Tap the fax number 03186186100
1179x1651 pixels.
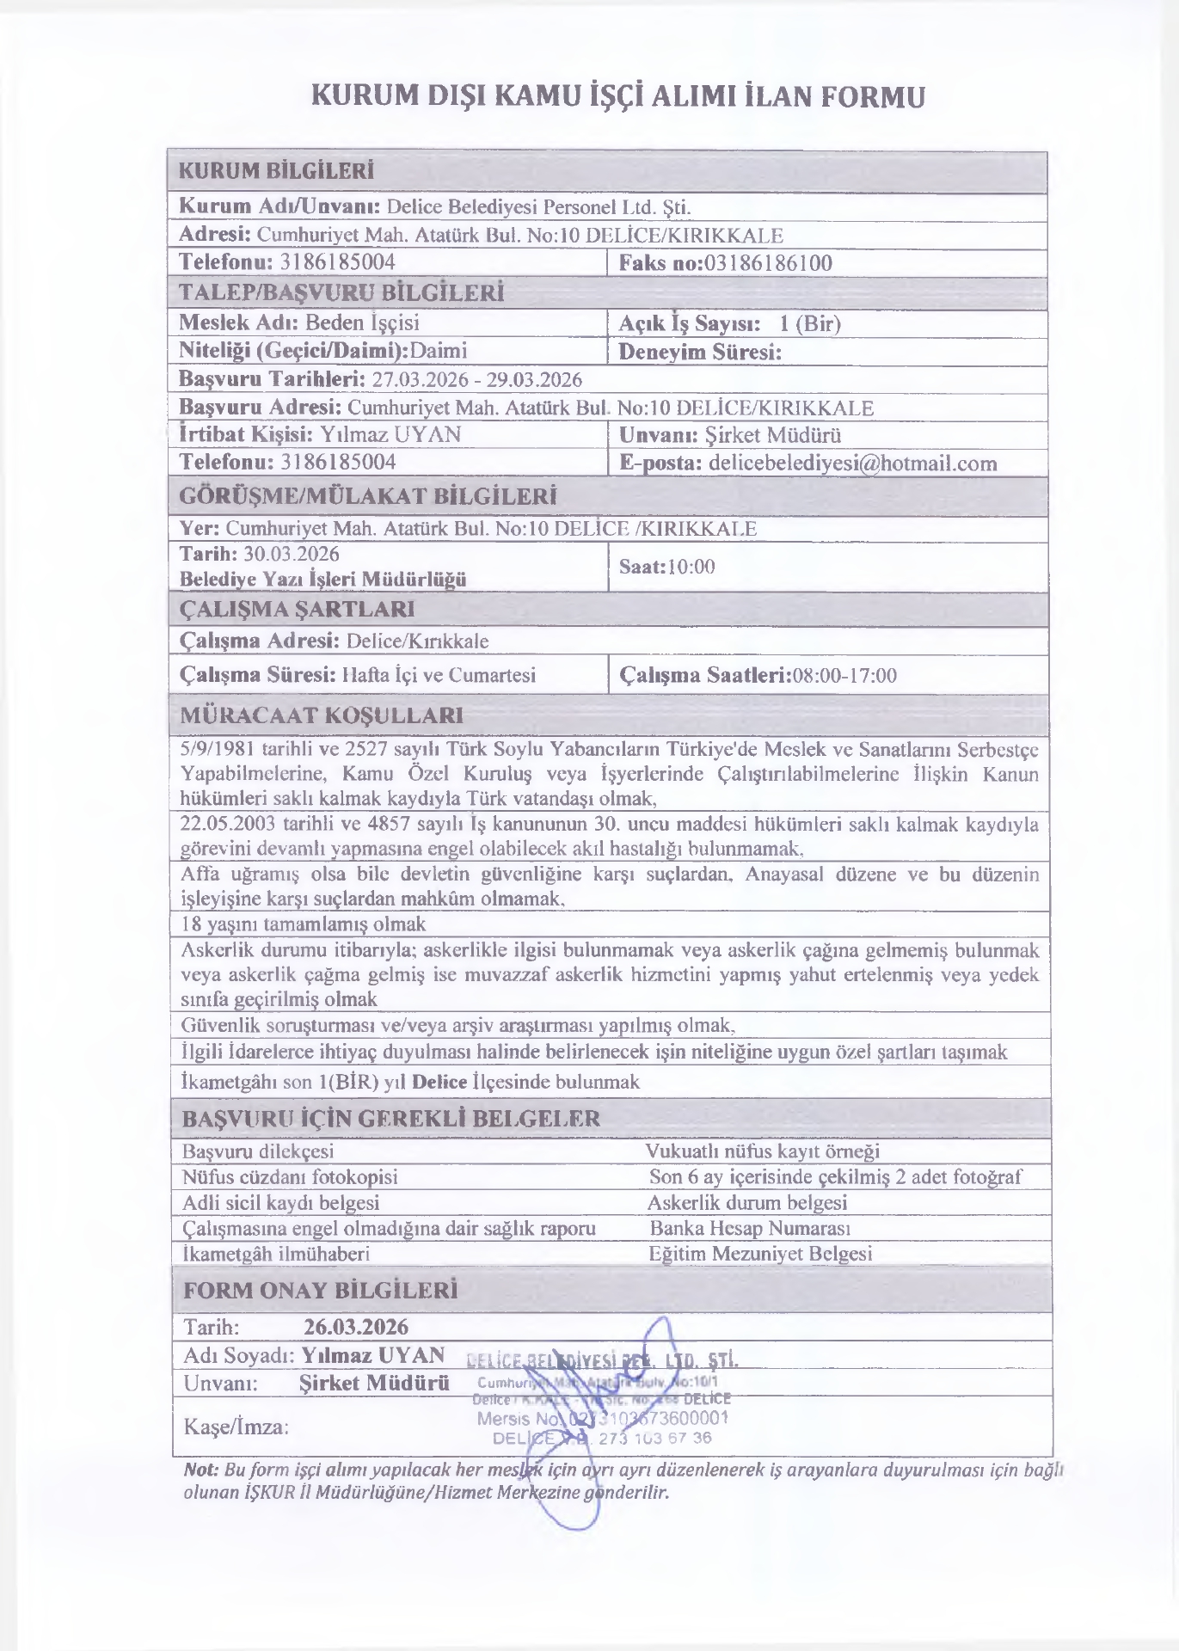[768, 263]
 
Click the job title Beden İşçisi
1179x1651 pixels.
[363, 322]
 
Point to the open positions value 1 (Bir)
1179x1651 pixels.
[809, 323]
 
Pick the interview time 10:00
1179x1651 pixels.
[691, 567]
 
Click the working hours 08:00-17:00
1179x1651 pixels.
[844, 675]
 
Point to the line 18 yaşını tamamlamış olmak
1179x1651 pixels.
[304, 924]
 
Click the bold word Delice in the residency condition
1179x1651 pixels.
[439, 1081]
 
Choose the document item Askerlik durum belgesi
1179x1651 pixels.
[747, 1202]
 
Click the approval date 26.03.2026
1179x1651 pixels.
[356, 1327]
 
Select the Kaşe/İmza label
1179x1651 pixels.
[236, 1427]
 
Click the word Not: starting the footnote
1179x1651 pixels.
[202, 1470]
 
